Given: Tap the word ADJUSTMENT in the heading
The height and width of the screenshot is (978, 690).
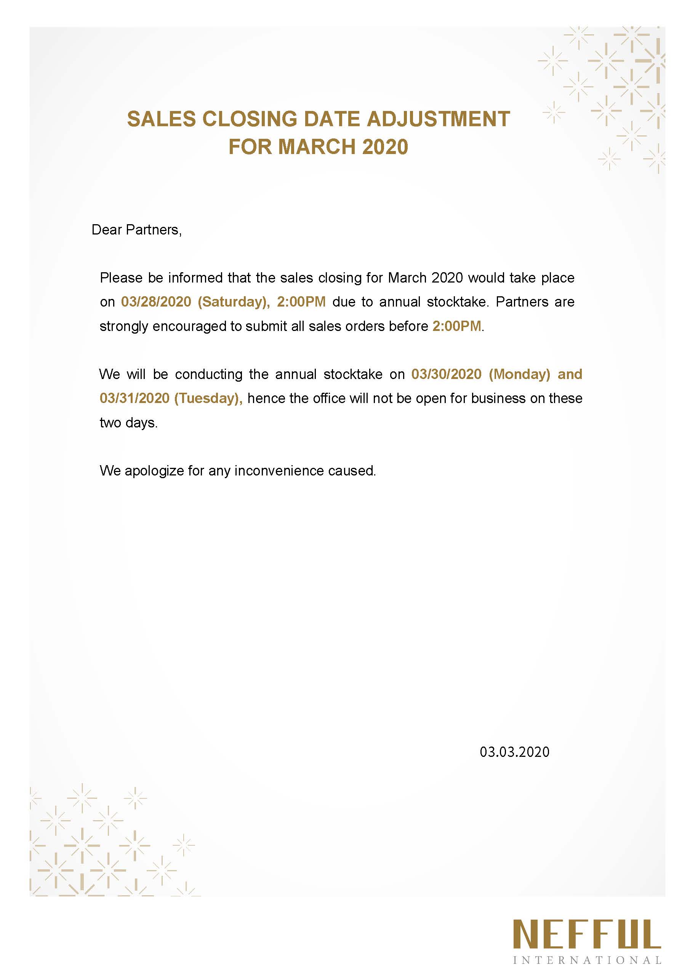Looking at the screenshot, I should [438, 119].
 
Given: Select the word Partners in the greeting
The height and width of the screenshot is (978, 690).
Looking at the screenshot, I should [154, 230].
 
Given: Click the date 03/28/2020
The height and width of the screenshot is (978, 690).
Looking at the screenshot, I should [156, 302].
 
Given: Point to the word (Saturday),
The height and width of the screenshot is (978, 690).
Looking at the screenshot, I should [234, 302].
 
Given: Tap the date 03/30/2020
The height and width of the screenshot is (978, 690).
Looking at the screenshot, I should [446, 374].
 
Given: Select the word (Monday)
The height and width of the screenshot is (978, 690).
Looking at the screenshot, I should [519, 374].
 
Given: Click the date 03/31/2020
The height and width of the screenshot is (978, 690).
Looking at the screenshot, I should [134, 398].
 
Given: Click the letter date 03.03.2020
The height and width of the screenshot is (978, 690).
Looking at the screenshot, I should [514, 752].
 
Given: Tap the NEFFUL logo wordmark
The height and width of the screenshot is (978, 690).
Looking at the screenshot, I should [587, 935].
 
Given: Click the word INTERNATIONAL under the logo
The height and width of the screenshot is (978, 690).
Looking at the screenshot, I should [587, 960].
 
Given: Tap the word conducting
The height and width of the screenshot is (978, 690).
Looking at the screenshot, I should [208, 374].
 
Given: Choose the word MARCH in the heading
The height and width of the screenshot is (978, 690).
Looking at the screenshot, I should [317, 147].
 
